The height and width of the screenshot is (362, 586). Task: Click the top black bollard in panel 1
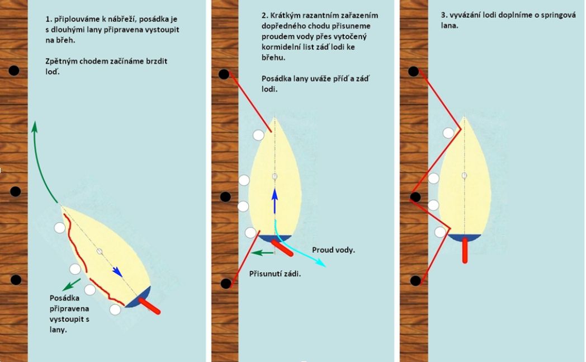14,70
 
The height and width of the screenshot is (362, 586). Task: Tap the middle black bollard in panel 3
415,197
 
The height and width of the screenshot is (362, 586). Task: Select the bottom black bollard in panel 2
226,284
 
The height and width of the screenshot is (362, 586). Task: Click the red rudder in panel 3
465,250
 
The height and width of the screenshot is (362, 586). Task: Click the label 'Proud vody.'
333,250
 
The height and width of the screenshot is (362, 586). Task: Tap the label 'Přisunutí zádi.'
275,274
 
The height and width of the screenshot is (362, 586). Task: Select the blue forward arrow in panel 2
275,201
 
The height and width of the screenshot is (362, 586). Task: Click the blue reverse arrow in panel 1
117,272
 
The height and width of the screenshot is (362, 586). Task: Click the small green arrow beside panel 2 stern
262,253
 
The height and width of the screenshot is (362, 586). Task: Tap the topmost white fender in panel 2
259,135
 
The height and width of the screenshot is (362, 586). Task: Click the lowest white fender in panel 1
115,309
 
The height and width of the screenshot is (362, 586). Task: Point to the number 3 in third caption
443,15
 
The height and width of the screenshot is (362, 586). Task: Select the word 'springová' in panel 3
557,15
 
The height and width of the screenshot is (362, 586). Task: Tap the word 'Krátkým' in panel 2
285,16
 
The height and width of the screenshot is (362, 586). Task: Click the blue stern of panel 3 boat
465,238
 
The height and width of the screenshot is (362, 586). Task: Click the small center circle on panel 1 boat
100,251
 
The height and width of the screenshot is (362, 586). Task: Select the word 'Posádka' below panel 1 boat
64,298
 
